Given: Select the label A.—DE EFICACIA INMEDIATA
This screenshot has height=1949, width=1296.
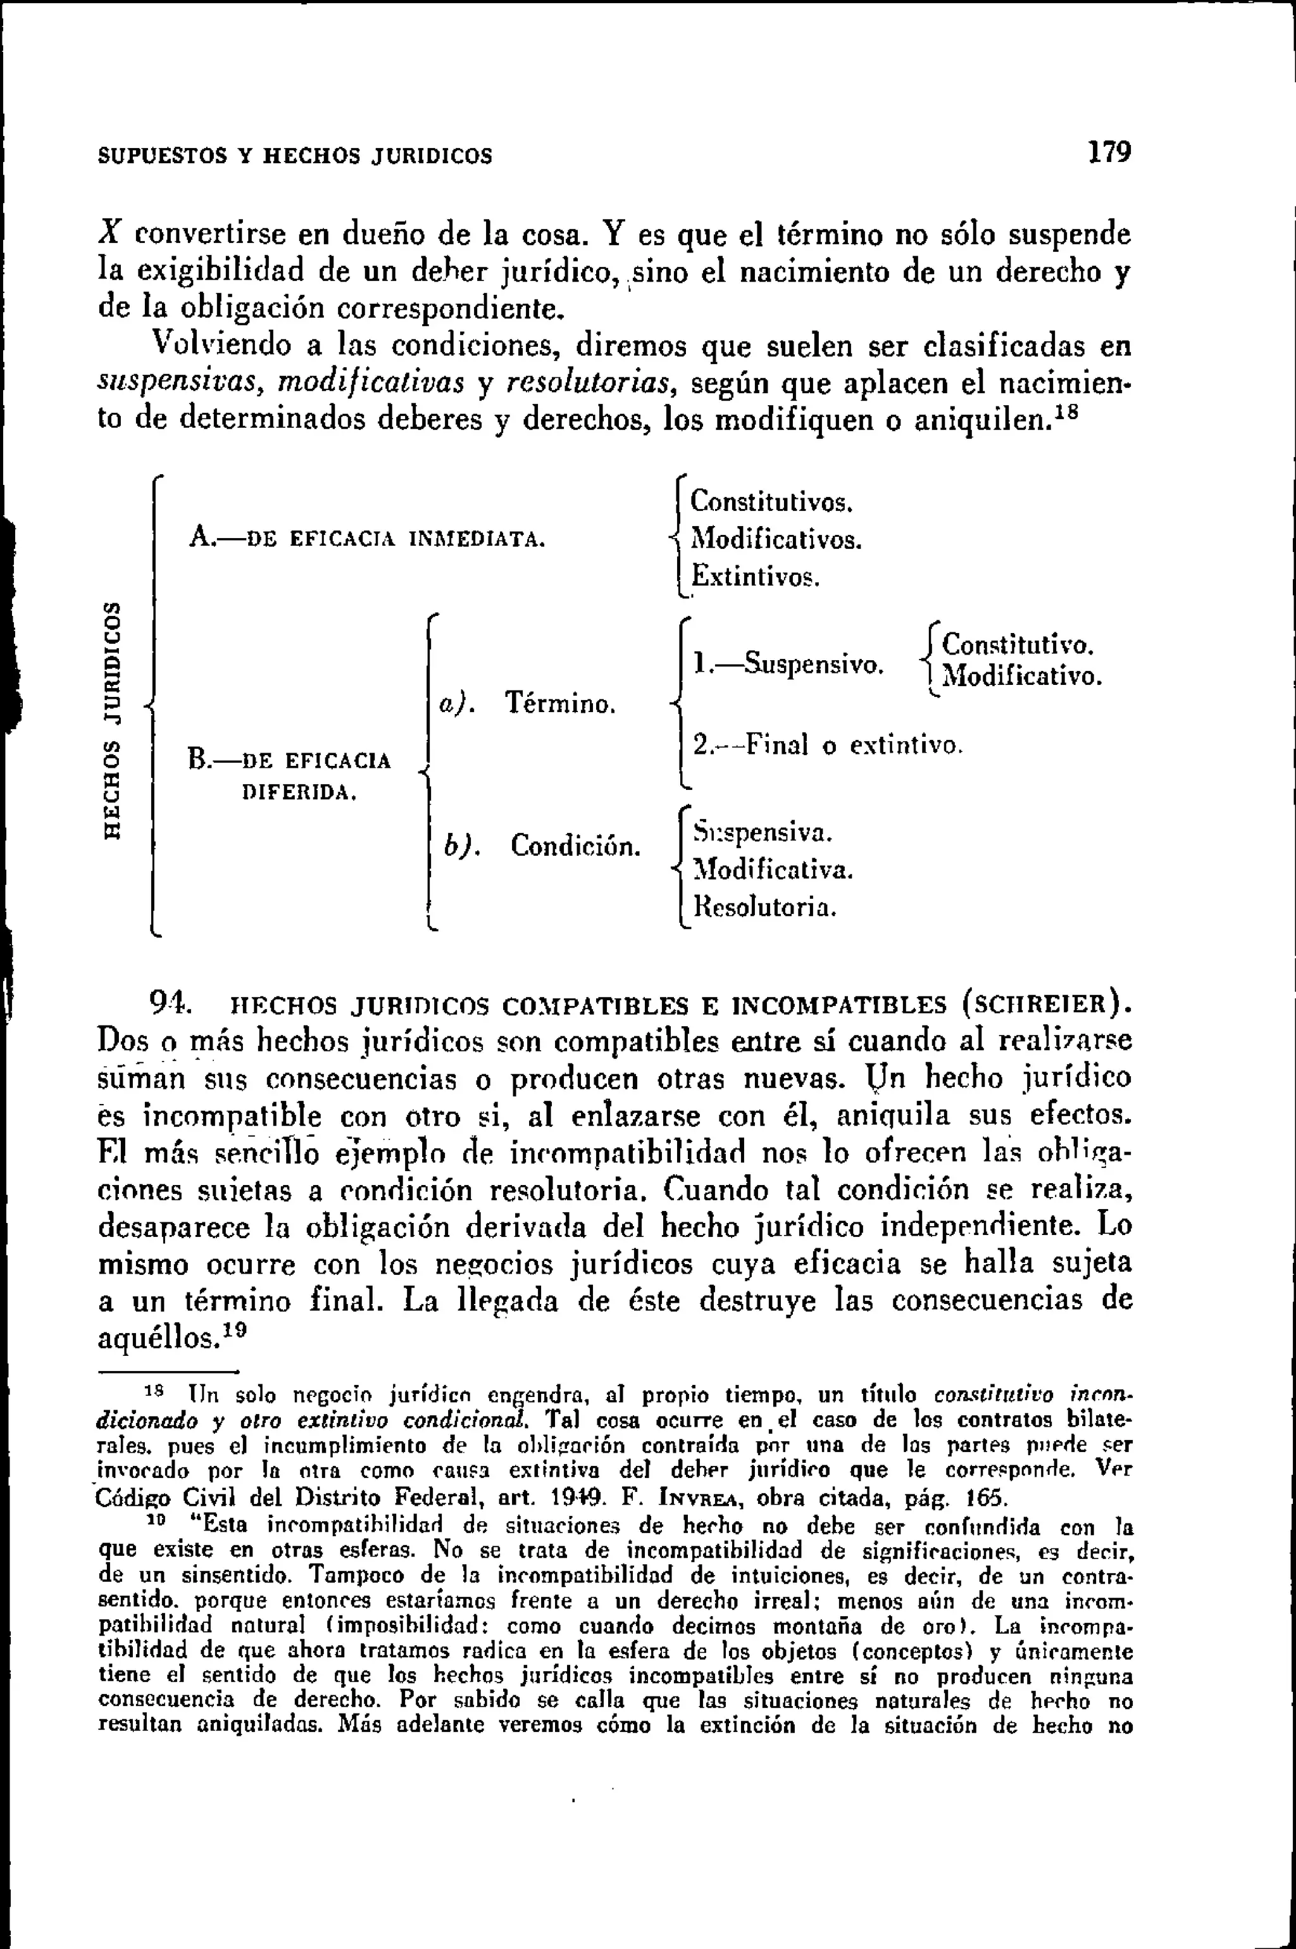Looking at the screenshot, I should (x=366, y=540).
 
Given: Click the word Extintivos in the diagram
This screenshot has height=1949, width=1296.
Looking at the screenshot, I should (x=754, y=575).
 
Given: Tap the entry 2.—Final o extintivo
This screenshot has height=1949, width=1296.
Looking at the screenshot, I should (x=827, y=746).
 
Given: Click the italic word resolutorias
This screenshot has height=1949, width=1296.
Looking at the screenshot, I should (x=591, y=384).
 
